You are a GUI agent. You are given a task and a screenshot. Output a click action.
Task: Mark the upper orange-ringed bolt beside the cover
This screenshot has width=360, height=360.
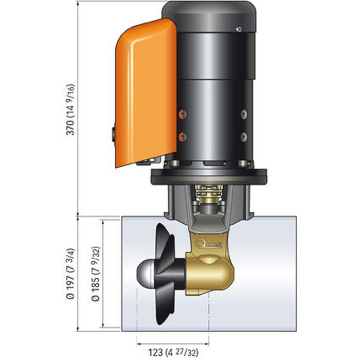[x=181, y=113]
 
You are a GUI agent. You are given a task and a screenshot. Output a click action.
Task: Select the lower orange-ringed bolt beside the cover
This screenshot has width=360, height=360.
[x=181, y=136]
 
